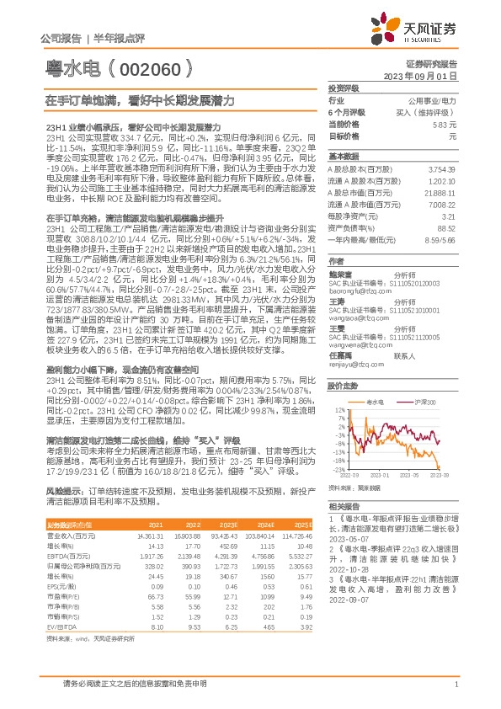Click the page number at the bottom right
pos(456,686)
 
